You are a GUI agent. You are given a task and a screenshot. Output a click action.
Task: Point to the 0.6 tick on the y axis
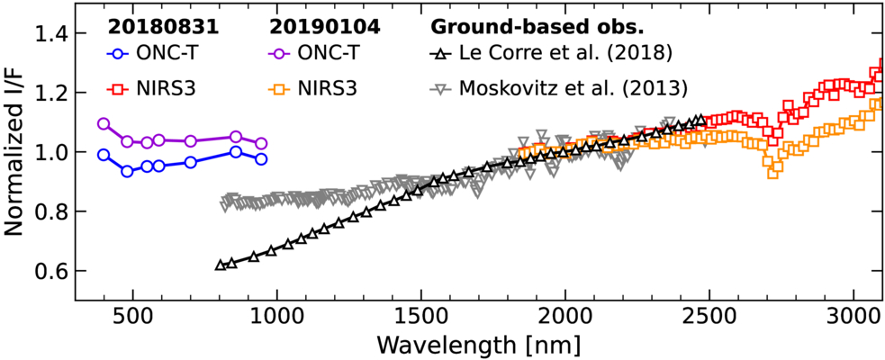point(50,271)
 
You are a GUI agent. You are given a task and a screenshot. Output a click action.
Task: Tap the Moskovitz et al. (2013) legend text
point(573,88)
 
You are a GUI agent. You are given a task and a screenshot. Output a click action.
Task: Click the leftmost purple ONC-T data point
point(104,123)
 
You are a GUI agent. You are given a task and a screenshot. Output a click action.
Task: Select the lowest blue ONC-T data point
point(127,171)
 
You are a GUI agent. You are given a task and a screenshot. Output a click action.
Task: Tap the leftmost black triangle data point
point(221,265)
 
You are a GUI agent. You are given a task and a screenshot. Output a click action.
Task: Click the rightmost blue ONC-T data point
point(261,159)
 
